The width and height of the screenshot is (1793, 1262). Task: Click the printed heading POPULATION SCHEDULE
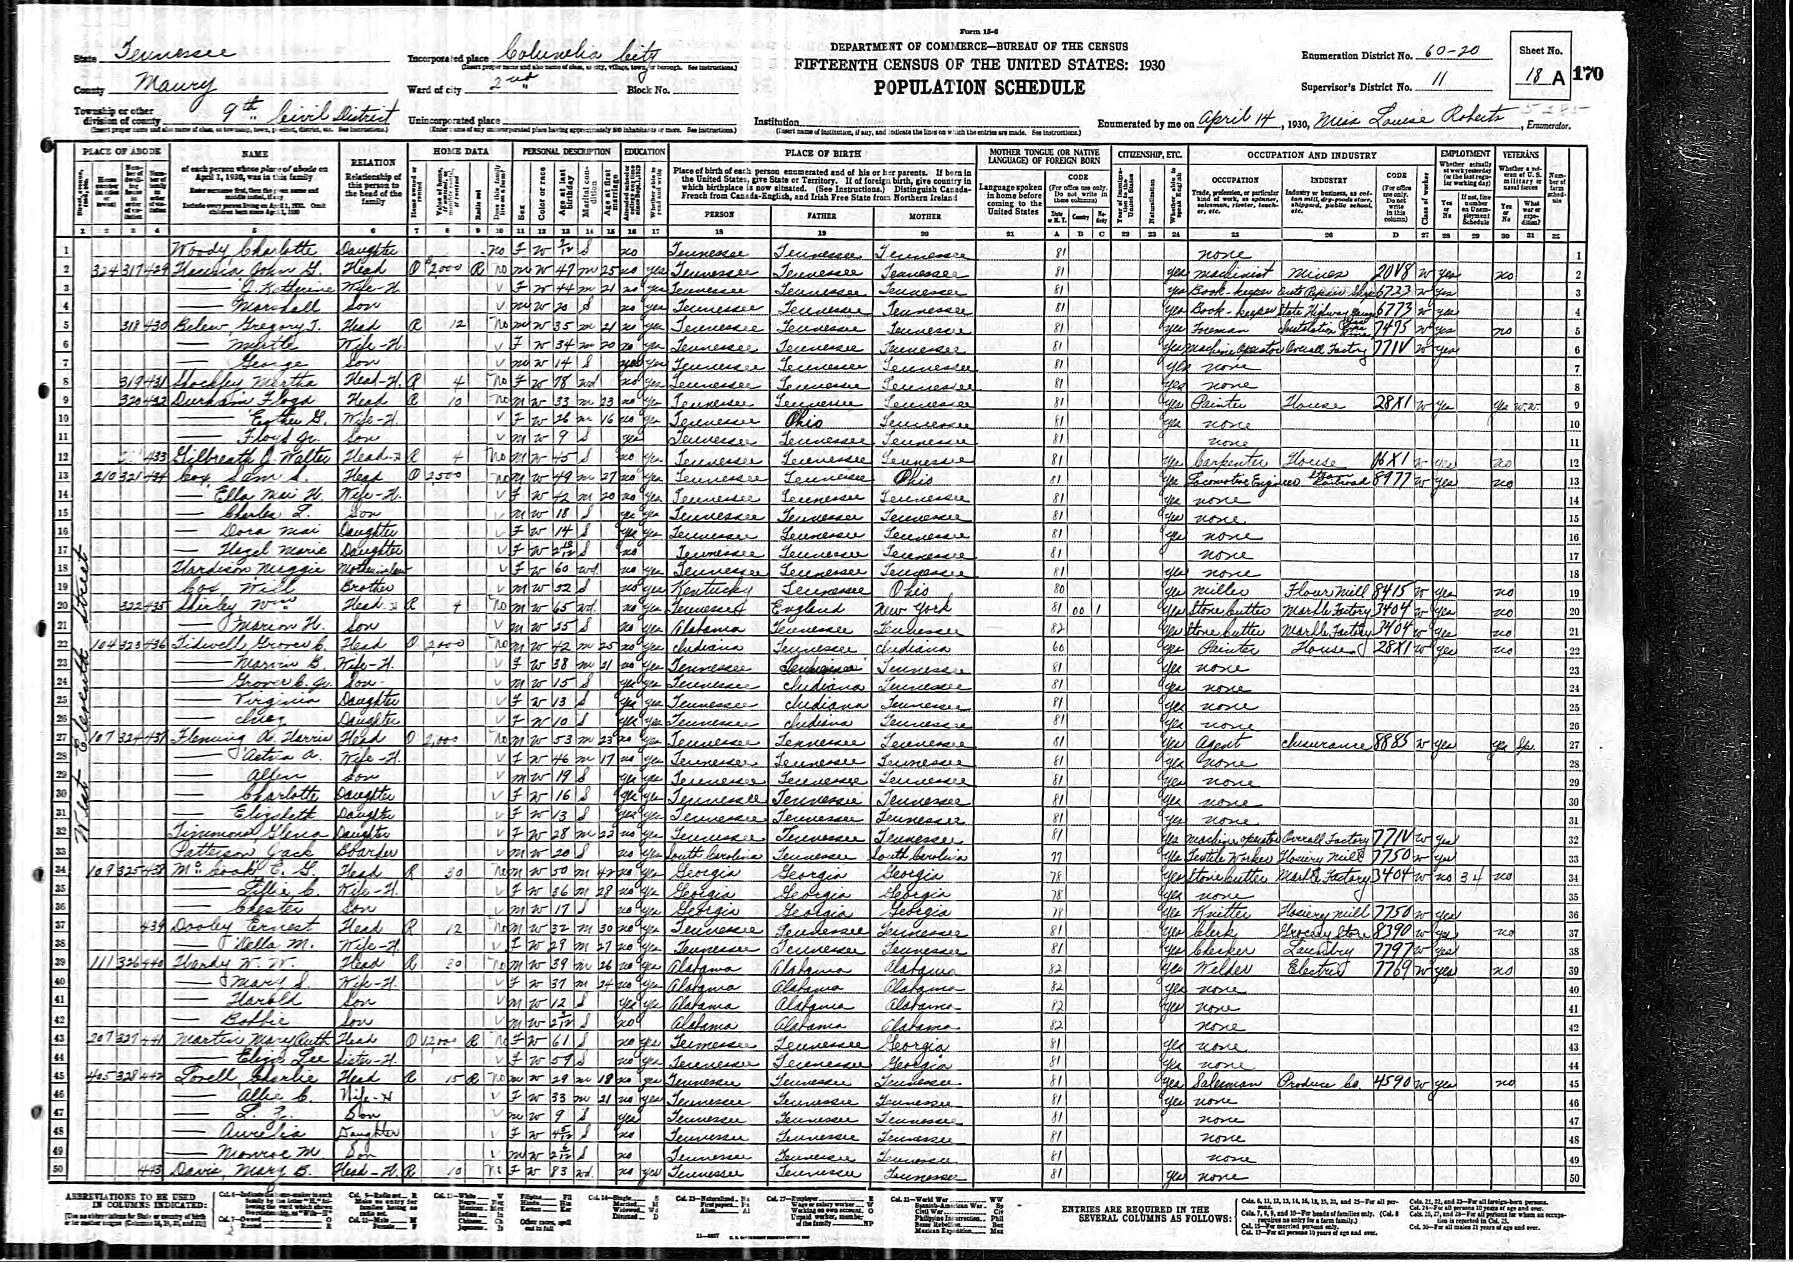[x=979, y=87]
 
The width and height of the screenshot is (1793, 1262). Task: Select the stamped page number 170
[x=1587, y=74]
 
